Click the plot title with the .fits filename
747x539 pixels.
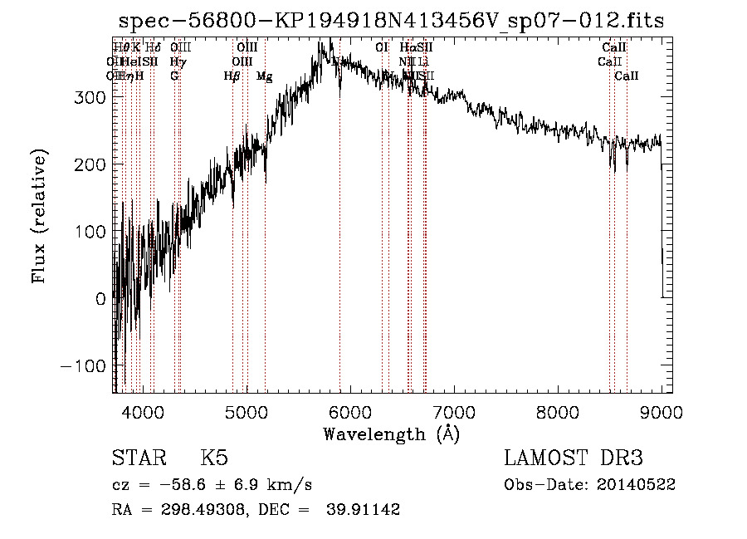(x=391, y=21)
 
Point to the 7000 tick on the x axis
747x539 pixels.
(x=453, y=410)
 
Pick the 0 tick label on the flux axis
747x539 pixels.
(x=101, y=299)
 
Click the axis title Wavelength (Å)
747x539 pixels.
(x=391, y=434)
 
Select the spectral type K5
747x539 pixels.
(x=214, y=458)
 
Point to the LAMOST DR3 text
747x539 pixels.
(x=573, y=458)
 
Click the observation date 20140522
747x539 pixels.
(x=636, y=485)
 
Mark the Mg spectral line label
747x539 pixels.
(x=265, y=76)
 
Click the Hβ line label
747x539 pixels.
(x=232, y=76)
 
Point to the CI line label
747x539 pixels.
(x=382, y=48)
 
